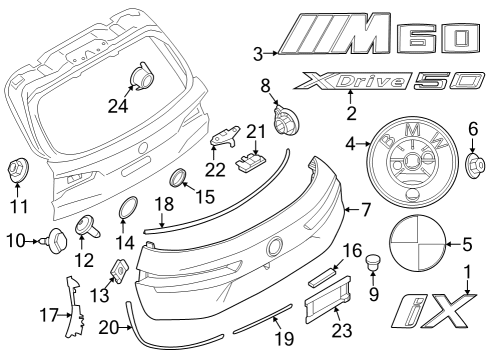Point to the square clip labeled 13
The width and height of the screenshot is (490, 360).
click(x=118, y=269)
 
